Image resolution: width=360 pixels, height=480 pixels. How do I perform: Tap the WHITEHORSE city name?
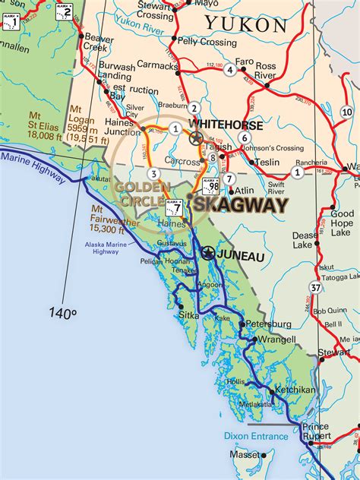click(226, 125)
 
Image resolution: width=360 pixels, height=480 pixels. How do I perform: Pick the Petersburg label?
click(267, 324)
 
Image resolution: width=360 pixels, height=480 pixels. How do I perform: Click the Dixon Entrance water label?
click(256, 436)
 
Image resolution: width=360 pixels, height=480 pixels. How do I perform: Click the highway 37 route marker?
click(315, 286)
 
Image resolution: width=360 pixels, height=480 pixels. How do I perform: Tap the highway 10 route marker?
click(347, 112)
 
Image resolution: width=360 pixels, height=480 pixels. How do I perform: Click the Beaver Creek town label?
click(99, 42)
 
